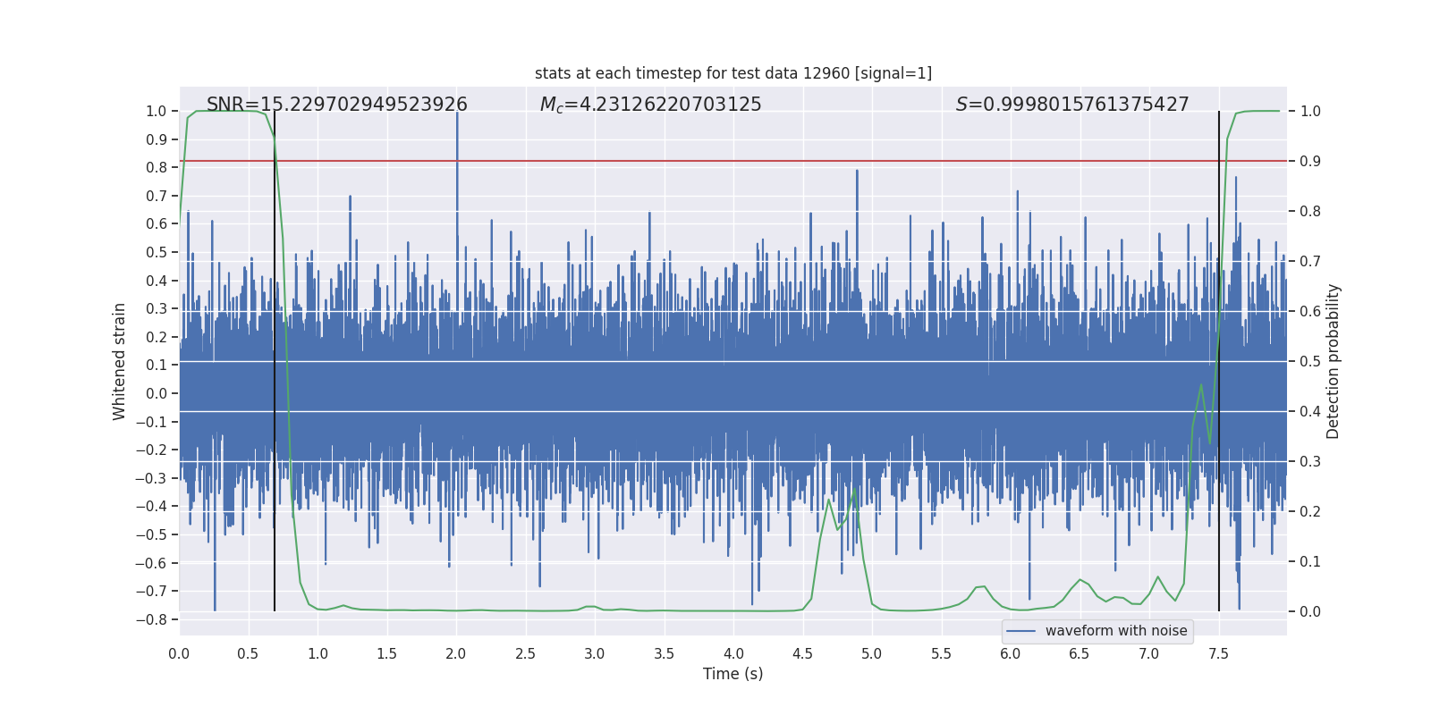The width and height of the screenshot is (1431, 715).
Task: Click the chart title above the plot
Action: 733,73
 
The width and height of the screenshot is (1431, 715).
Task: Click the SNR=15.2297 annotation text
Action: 337,105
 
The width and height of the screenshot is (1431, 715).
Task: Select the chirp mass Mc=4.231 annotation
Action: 650,105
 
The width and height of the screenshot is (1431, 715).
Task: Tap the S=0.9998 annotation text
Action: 1072,105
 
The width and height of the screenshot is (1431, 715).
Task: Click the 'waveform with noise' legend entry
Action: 1115,631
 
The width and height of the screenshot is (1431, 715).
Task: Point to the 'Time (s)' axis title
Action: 733,674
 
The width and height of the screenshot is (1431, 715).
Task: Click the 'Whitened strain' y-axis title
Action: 120,361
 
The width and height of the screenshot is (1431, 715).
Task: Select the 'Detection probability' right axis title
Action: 1334,361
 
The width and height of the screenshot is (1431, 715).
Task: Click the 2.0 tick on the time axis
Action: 456,653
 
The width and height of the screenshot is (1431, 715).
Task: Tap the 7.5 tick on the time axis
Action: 1218,653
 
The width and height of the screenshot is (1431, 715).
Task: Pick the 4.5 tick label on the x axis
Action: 802,653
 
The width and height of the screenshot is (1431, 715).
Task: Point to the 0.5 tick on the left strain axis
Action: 157,252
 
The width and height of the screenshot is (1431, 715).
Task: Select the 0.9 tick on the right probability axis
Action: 1310,161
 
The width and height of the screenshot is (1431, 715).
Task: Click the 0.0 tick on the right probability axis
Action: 1310,611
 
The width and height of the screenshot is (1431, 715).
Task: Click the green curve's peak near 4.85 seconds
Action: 855,489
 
